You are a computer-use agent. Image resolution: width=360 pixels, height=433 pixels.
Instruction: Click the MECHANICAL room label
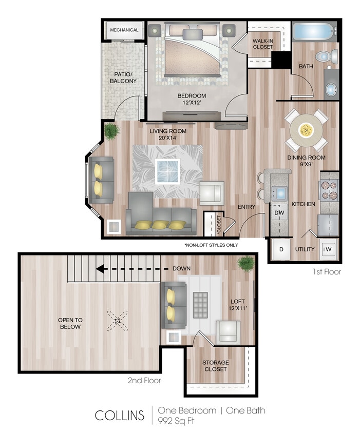click(x=124, y=30)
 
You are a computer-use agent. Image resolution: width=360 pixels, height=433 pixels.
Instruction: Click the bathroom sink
click(x=331, y=88)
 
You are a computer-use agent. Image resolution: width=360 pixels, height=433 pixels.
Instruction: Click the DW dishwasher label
click(x=279, y=212)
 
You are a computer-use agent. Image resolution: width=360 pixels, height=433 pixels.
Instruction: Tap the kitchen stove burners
click(x=329, y=189)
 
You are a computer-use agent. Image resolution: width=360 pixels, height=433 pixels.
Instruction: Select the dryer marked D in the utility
click(x=281, y=249)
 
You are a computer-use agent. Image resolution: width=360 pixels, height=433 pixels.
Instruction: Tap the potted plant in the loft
click(x=245, y=264)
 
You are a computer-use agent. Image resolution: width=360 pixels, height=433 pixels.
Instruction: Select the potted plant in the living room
click(x=111, y=131)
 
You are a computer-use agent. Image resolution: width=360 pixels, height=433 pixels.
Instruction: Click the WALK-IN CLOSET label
click(x=263, y=43)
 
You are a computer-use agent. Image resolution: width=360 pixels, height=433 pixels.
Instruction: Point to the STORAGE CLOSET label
click(x=215, y=365)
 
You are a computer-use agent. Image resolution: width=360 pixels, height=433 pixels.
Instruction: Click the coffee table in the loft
click(x=199, y=305)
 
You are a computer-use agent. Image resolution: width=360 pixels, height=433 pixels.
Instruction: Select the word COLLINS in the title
click(x=119, y=415)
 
